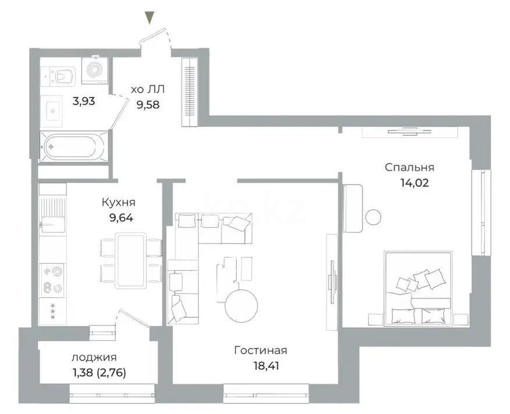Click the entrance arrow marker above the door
pyautogui.click(x=150, y=18)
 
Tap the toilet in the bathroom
pyautogui.click(x=62, y=75)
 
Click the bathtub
pyautogui.click(x=72, y=146)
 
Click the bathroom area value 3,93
pyautogui.click(x=83, y=101)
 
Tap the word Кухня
pyautogui.click(x=118, y=202)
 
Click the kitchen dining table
pyautogui.click(x=130, y=260)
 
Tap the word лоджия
pyautogui.click(x=94, y=358)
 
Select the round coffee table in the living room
pyautogui.click(x=241, y=305)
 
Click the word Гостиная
pyautogui.click(x=260, y=350)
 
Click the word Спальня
pyautogui.click(x=409, y=168)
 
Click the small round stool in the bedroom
pyautogui.click(x=373, y=216)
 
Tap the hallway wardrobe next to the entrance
pyautogui.click(x=190, y=92)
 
